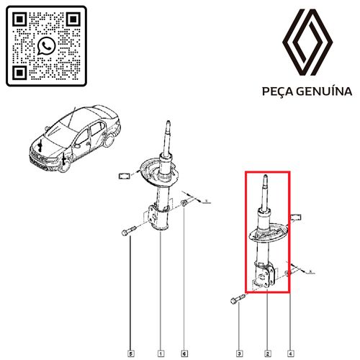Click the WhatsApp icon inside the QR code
[46, 46]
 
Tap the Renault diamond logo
[307, 42]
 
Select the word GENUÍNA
[324, 91]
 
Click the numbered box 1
[161, 354]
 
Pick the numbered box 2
[268, 354]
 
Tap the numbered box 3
[239, 354]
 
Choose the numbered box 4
[290, 354]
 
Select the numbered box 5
[130, 354]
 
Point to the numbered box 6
[184, 354]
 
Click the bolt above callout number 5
[129, 230]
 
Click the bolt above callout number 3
[238, 299]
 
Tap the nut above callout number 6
[184, 203]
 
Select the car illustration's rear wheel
[109, 140]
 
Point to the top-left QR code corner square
[19, 19]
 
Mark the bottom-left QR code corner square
[19, 73]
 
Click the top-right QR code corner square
[73, 19]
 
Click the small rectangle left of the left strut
[125, 176]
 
